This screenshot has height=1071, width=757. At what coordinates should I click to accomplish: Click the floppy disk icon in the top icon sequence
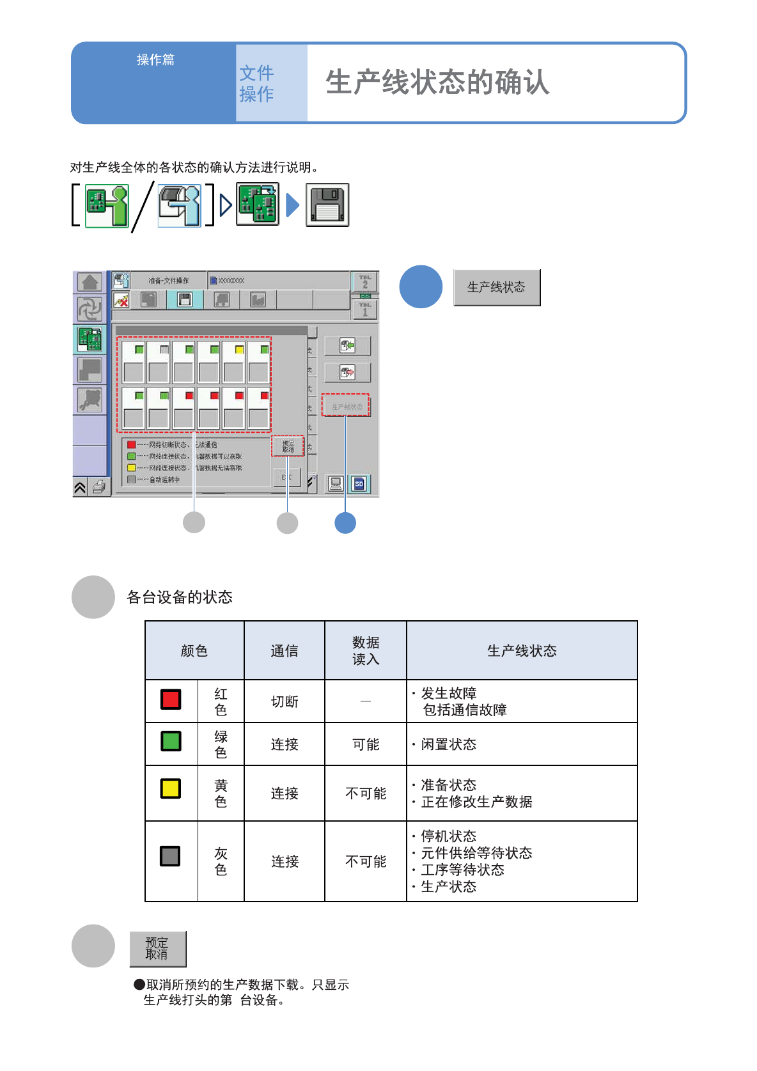pos(327,205)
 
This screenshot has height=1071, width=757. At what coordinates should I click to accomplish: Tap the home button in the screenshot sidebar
pos(90,282)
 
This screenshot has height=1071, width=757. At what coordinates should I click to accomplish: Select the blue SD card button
pos(359,484)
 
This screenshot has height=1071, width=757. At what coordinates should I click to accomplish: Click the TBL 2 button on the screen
pos(365,281)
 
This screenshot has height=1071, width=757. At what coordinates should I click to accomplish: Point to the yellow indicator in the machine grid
pos(239,350)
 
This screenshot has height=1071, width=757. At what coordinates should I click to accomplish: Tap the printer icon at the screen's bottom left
pos(99,488)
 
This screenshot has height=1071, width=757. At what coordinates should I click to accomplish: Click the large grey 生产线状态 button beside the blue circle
pos(497,288)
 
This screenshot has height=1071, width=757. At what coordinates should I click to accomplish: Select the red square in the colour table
pos(171,700)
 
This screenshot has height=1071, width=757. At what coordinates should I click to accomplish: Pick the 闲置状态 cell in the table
pos(449,744)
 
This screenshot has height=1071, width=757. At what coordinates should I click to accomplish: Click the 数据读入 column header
pos(366,650)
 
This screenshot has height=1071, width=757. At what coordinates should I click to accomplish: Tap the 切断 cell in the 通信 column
pos(285,701)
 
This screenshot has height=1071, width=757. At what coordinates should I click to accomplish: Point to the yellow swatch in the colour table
pos(171,788)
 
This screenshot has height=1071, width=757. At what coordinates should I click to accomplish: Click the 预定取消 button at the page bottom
pos(157,949)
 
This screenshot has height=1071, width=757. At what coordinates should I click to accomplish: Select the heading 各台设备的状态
pos(180,597)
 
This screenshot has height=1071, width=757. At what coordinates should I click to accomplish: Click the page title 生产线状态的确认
pos(437,82)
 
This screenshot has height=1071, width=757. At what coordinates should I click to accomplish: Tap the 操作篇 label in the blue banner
pos(155,60)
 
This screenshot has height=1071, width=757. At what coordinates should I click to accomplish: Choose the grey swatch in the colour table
pos(170,856)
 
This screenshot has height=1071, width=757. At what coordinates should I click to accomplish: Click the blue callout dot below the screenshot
pos(345,523)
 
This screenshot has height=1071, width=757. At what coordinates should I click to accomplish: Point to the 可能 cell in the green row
pos(366,744)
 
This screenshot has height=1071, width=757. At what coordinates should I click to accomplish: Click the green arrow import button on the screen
pos(347,346)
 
